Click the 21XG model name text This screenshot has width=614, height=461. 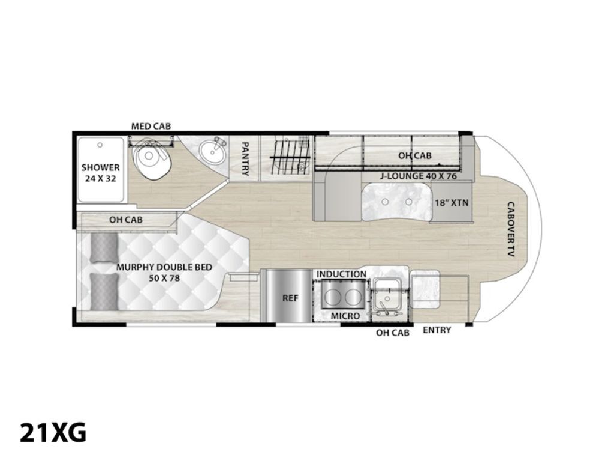pos(53,433)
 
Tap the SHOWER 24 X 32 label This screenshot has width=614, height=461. pos(101,173)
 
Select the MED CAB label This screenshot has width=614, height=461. pos(151,126)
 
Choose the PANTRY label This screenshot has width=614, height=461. pos(245,158)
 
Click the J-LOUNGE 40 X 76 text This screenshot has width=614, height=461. pos(419,176)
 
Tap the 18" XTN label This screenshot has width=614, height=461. pos(452,203)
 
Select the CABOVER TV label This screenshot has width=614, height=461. pos(510,229)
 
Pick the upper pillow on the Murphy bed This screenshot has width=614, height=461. pos(104,248)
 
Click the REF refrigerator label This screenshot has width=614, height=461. pos(290,298)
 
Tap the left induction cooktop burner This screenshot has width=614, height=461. pos(333,297)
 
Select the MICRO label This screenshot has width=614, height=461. pos(345,316)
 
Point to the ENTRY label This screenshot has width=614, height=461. pos(437,330)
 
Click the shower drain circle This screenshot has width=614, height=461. pos(100,145)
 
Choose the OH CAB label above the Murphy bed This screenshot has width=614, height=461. pos(126,220)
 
